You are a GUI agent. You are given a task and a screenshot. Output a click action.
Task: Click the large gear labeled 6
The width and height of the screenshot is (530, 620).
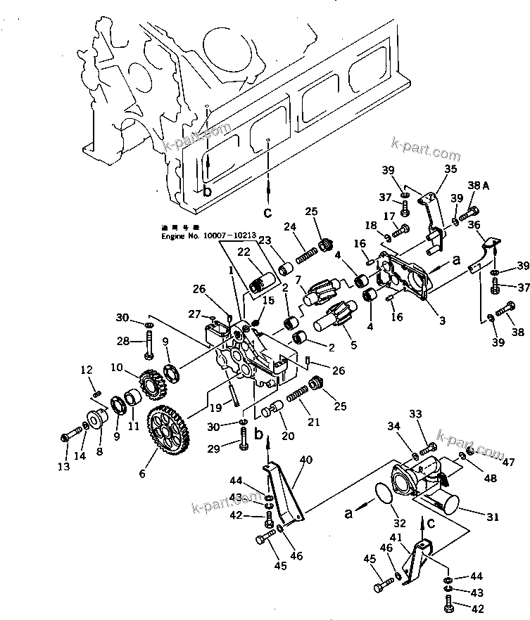tap(168, 435)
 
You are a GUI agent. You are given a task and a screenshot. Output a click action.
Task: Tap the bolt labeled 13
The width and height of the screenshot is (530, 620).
tap(72, 434)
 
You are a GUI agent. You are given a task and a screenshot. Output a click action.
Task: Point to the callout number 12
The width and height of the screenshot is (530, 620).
tap(86, 370)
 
